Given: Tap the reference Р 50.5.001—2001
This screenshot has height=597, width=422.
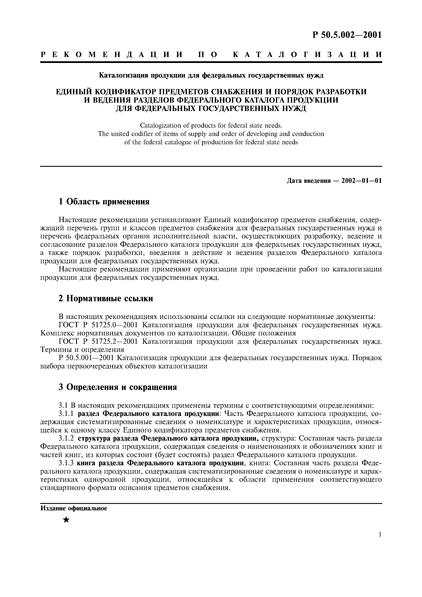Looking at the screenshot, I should (87, 358).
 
